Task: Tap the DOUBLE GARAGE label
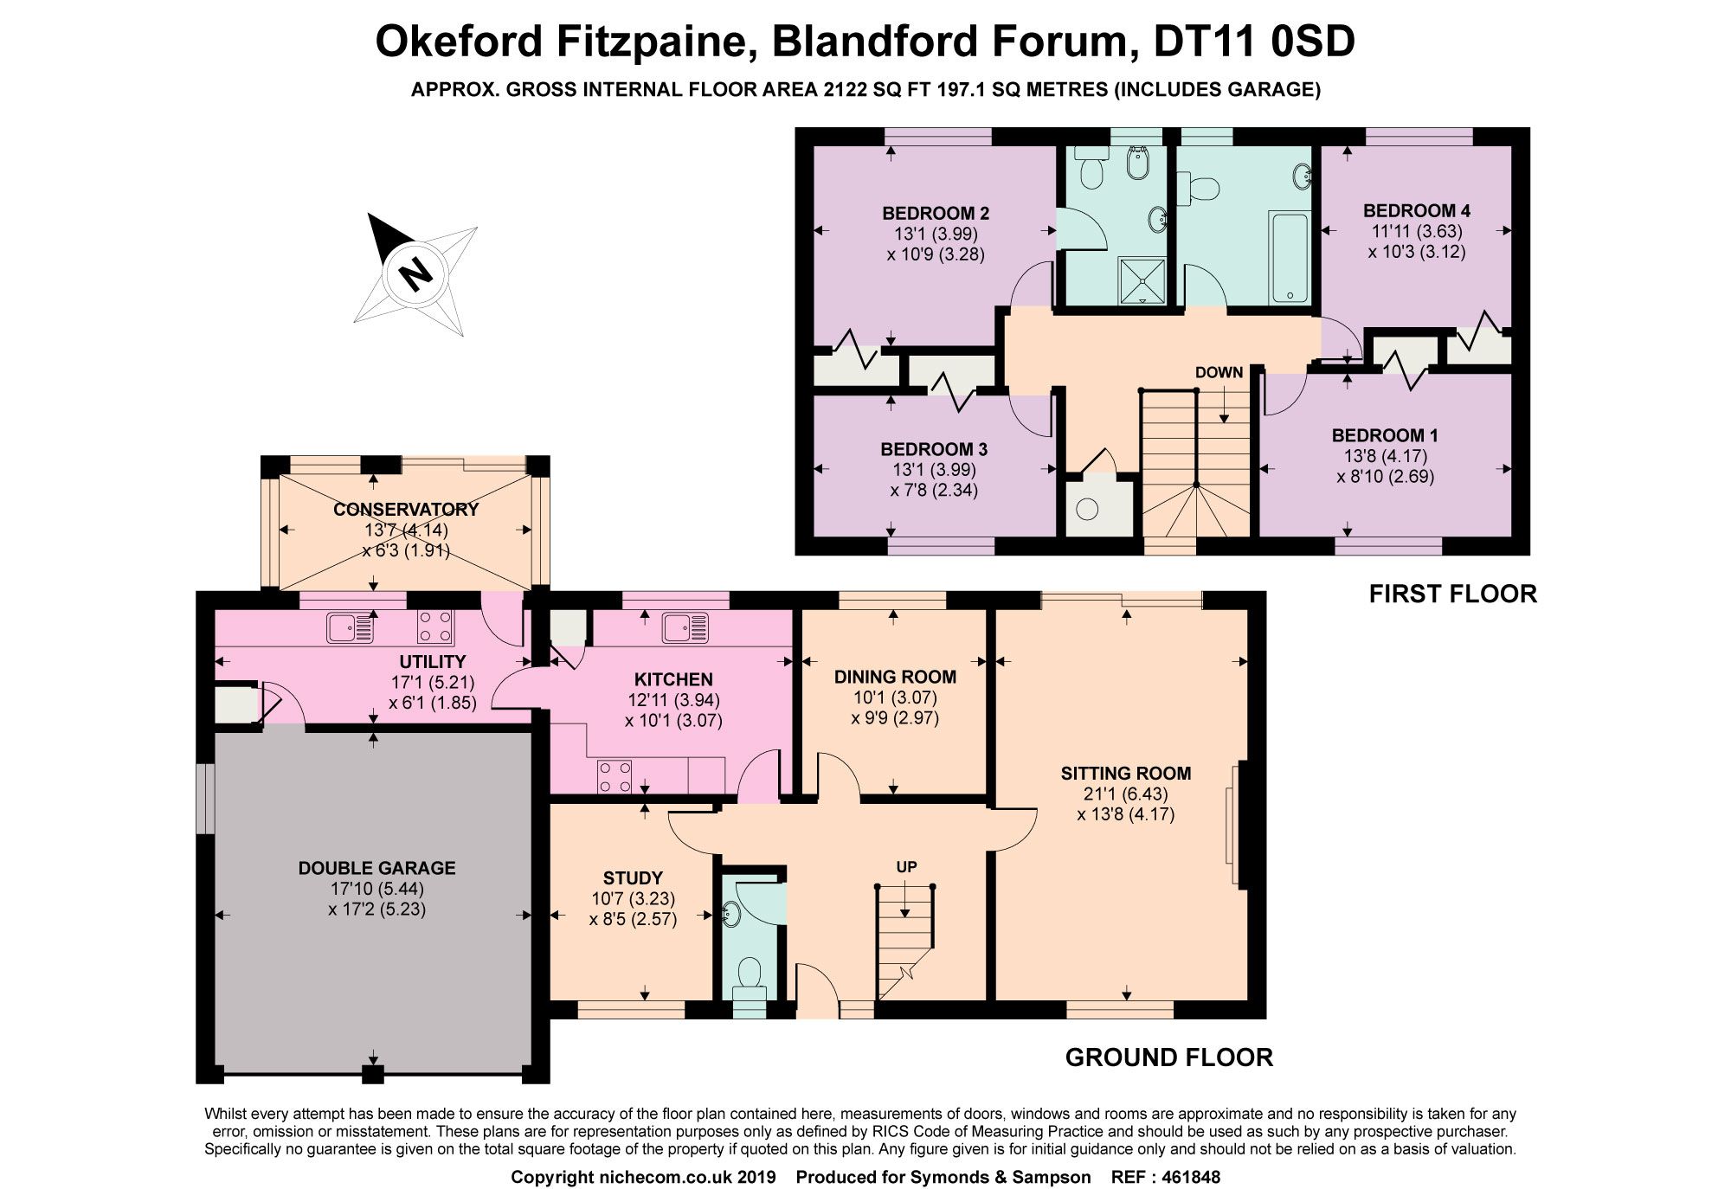tap(376, 868)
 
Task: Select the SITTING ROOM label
tap(1125, 774)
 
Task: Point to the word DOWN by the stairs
tap(1219, 373)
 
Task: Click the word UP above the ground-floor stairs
tap(906, 867)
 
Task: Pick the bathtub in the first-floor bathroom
tap(1290, 257)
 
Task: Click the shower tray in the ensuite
tap(1142, 280)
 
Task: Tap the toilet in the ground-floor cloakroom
tap(749, 978)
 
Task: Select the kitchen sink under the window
tap(685, 627)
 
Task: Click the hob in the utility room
tap(434, 627)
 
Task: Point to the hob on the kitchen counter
tap(615, 776)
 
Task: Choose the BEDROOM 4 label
tap(1416, 210)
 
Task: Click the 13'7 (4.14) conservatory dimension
tap(405, 530)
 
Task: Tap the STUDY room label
tap(633, 877)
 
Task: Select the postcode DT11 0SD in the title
tap(1254, 42)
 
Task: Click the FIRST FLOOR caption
tap(1452, 594)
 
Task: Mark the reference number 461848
tap(1192, 1177)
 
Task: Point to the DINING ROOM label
tap(895, 677)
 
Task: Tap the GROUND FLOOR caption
tap(1168, 1057)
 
